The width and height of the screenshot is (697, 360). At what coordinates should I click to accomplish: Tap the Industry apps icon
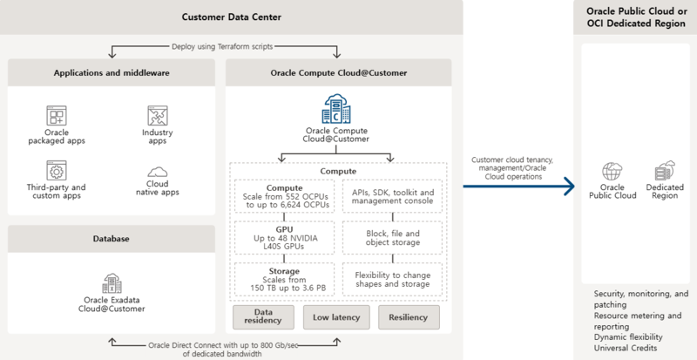[157, 115]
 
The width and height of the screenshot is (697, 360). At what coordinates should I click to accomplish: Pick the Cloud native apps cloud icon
[157, 172]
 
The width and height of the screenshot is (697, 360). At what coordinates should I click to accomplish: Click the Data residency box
[262, 316]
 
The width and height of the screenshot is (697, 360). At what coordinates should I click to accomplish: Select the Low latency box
[336, 316]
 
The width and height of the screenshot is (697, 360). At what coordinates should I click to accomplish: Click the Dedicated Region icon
[665, 172]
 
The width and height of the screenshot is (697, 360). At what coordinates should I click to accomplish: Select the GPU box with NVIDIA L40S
[282, 237]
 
